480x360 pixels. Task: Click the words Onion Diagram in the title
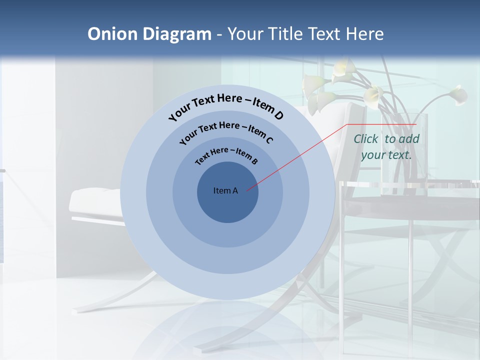coord(149,34)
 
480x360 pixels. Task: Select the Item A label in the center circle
coord(225,190)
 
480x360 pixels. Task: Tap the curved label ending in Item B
coord(226,155)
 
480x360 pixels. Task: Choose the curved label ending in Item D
coord(226,106)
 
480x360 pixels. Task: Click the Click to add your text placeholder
coord(386,146)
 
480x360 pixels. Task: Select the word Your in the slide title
coord(246,34)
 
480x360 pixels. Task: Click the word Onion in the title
coord(113,34)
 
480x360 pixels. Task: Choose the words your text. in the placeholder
coord(386,155)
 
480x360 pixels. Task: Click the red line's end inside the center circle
coord(247,189)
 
